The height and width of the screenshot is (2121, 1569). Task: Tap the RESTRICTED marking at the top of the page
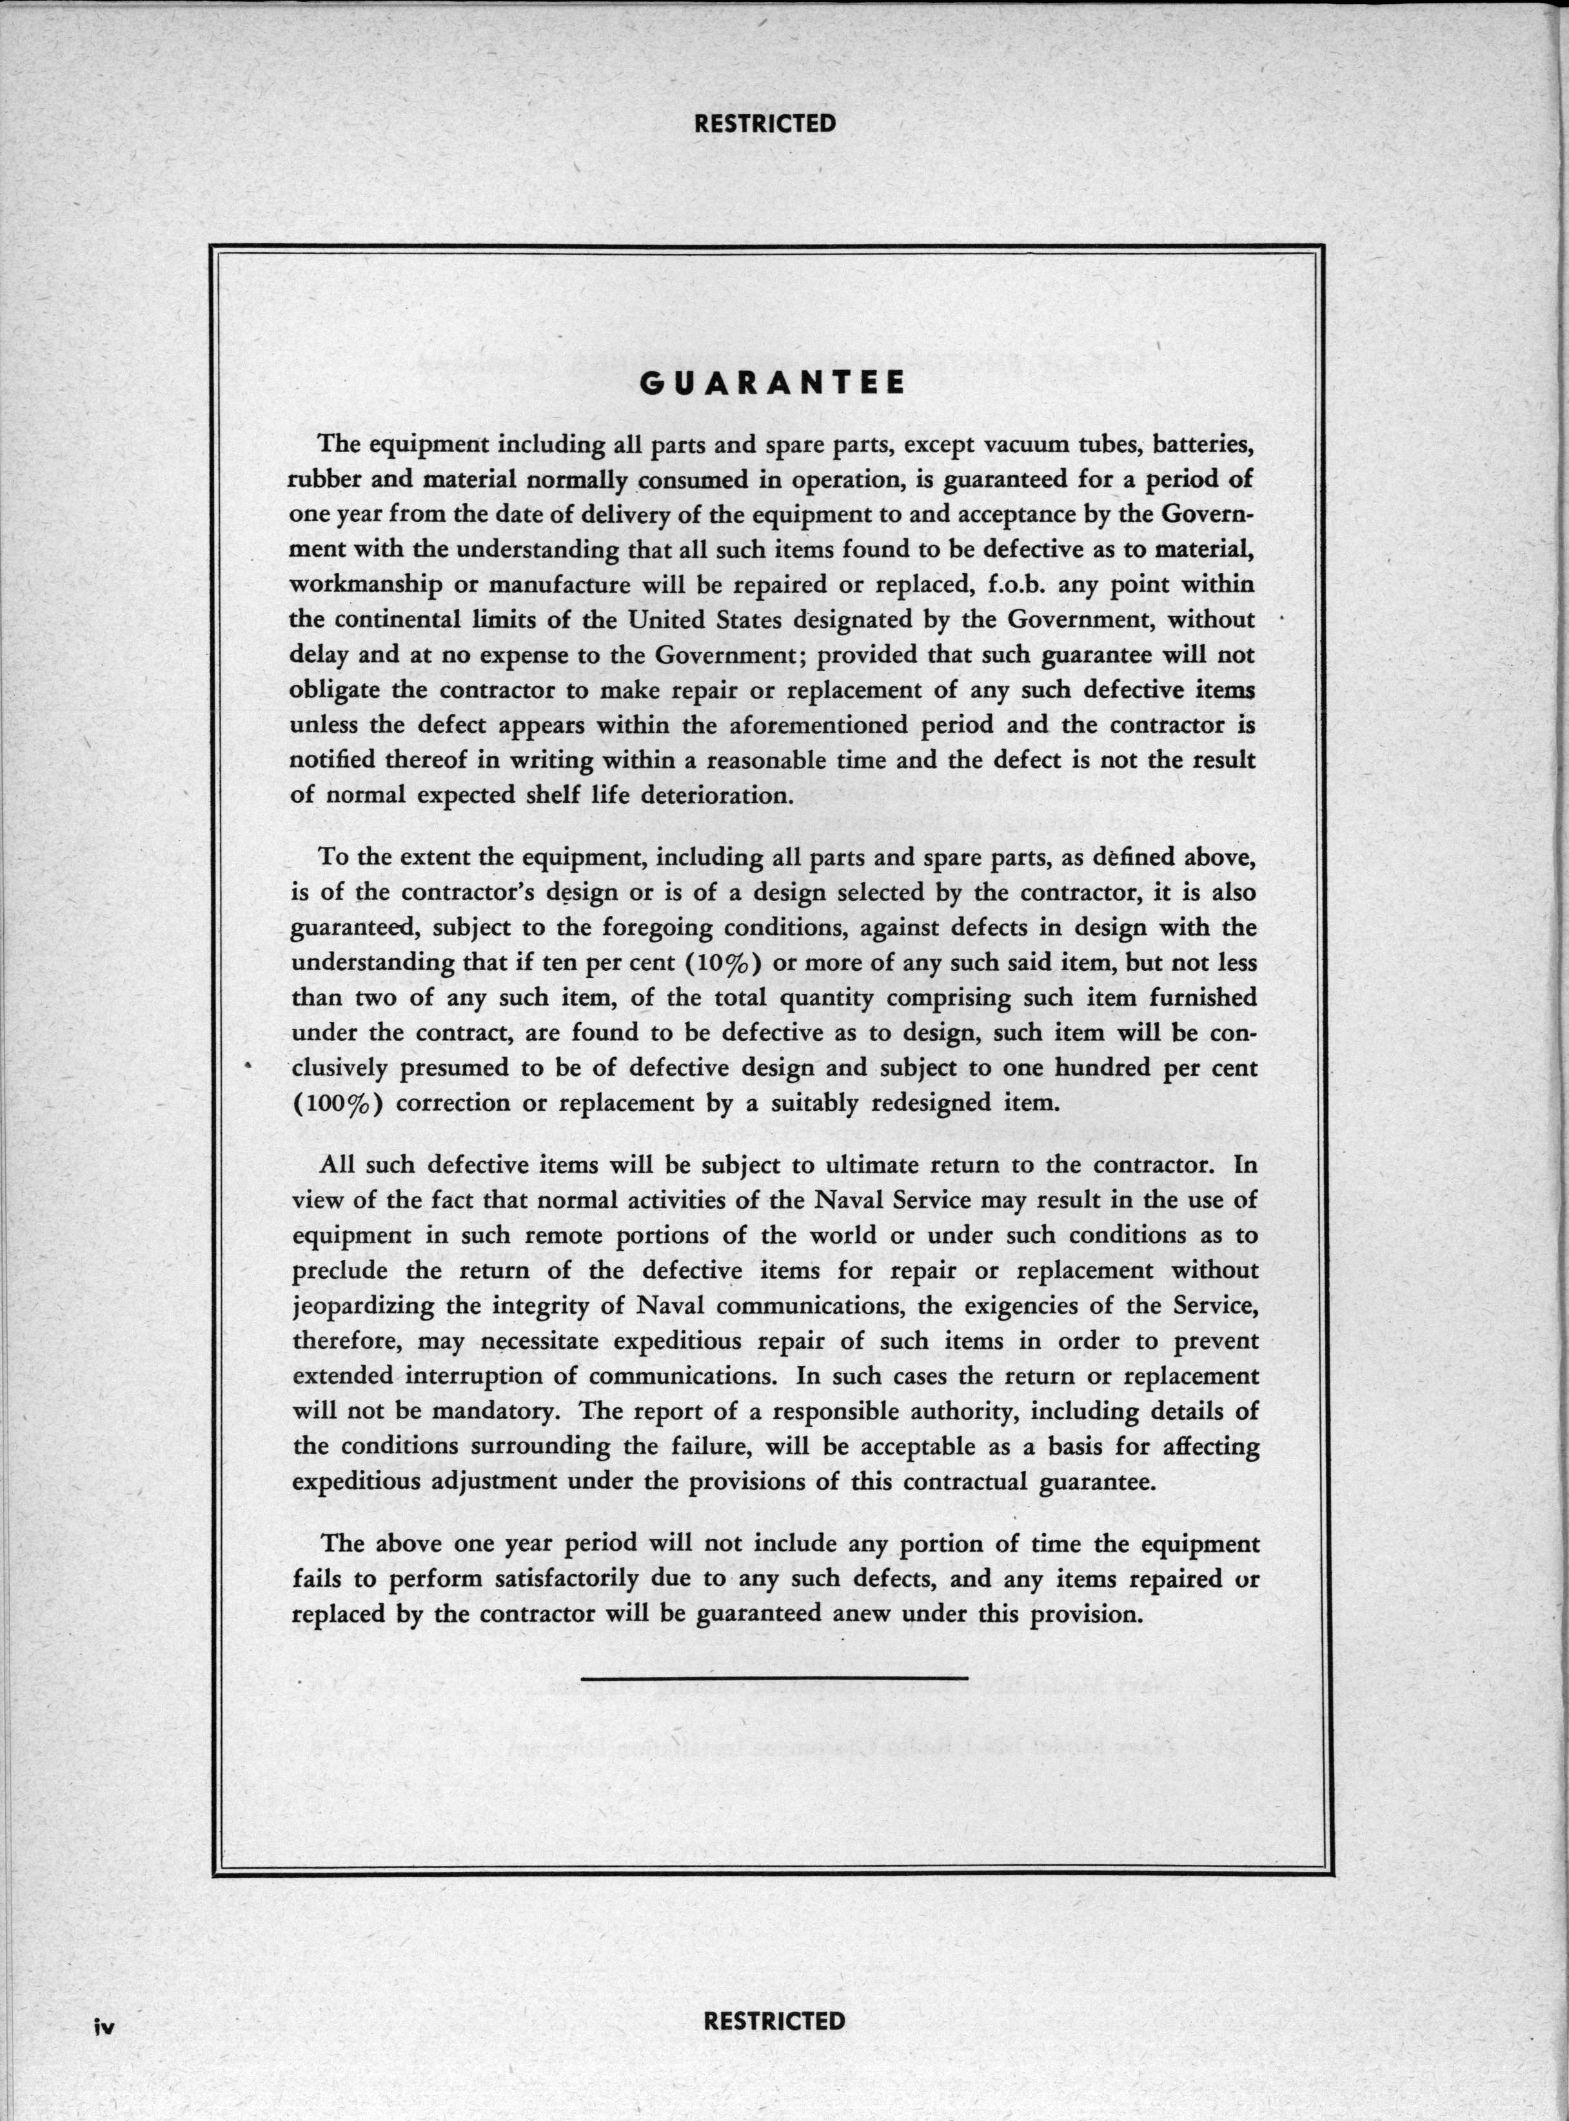(765, 123)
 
